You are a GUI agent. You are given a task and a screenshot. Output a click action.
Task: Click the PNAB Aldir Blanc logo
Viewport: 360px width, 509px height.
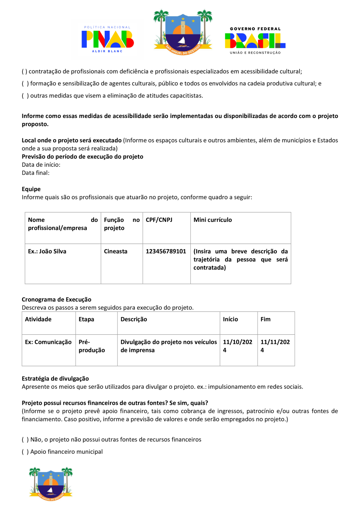[x=107, y=39]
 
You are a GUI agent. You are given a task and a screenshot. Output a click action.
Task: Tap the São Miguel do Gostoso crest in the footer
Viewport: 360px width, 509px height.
[x=51, y=482]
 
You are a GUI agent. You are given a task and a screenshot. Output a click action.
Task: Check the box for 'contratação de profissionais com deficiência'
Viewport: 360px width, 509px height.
[x=24, y=72]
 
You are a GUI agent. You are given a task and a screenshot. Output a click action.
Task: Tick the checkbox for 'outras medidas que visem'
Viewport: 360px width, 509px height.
[x=25, y=96]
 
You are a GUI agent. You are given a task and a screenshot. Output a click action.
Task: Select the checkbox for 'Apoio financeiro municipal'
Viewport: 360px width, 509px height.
[x=24, y=452]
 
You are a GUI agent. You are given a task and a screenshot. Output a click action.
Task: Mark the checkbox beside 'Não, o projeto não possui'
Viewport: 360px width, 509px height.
[x=25, y=439]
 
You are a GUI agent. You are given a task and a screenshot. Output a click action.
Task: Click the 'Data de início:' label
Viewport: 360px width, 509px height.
[x=41, y=165]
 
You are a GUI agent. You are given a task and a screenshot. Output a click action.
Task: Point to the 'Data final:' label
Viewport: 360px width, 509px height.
[x=35, y=173]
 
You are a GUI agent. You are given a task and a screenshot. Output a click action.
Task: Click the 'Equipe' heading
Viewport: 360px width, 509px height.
[x=31, y=189]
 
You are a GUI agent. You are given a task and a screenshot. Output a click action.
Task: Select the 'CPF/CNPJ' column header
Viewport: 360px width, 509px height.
[x=159, y=220]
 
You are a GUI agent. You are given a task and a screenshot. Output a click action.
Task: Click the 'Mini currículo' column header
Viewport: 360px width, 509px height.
[x=212, y=220]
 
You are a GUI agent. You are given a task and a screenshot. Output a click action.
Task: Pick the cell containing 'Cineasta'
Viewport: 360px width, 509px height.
[x=116, y=252]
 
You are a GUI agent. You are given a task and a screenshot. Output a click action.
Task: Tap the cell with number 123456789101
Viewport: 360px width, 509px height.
[x=166, y=252]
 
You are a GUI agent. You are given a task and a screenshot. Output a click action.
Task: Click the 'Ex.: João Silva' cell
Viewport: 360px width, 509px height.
[x=47, y=252]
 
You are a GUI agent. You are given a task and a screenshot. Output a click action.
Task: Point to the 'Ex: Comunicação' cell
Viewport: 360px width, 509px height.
[x=48, y=342]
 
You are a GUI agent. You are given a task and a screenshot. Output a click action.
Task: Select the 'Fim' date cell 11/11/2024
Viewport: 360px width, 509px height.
[x=275, y=346]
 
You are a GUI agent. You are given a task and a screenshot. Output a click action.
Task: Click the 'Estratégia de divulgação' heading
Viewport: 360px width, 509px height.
[x=55, y=378]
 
